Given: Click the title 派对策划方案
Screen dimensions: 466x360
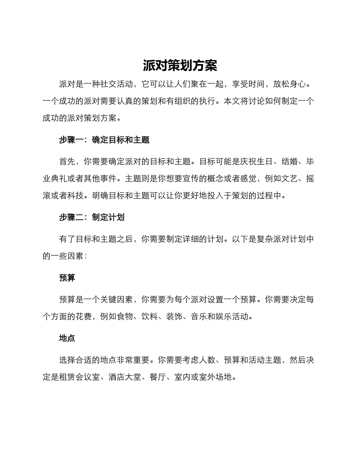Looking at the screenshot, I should [180, 65].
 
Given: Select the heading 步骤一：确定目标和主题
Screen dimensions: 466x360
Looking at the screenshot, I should [104, 140].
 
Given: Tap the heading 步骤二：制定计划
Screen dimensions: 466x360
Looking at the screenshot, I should [92, 217].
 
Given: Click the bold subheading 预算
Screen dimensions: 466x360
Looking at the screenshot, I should [67, 278].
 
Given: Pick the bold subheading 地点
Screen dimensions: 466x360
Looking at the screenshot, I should [67, 338].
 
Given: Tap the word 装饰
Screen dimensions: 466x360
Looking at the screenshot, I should [175, 316].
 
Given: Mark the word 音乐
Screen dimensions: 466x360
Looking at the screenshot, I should [200, 316].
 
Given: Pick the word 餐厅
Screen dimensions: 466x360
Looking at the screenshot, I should [158, 377].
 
